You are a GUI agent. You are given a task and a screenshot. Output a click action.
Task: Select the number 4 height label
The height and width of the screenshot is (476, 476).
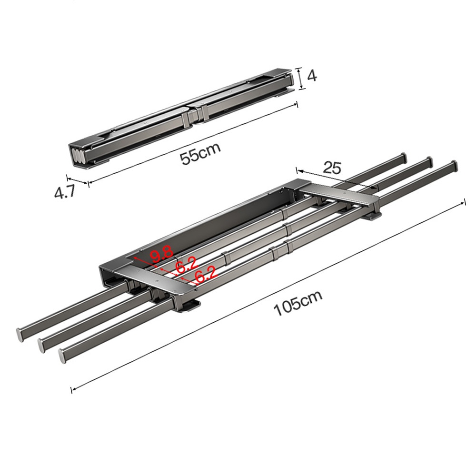pyautogui.click(x=312, y=76)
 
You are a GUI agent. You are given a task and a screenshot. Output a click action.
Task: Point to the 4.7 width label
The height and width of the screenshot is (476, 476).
pyautogui.click(x=64, y=192)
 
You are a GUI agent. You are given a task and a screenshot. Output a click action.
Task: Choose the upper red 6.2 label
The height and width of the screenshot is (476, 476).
pyautogui.click(x=187, y=265)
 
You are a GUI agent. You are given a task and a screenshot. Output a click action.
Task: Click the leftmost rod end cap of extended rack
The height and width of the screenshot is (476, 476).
pyautogui.click(x=20, y=334)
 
